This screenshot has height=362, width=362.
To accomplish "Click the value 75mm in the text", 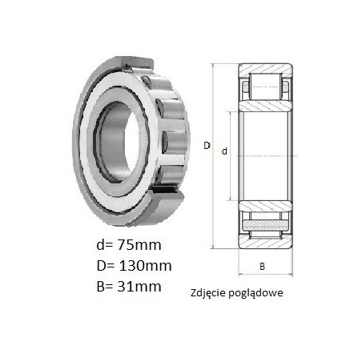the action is (138, 245).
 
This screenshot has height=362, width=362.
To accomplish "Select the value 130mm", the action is (145, 266).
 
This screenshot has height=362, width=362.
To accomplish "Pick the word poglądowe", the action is (255, 293).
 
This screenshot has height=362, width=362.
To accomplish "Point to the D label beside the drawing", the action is (207, 146).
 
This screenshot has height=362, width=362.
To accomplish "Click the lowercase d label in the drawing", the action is (224, 151).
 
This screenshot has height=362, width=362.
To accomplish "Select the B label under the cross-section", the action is (263, 267).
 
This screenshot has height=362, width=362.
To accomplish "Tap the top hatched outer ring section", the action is (266, 68).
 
